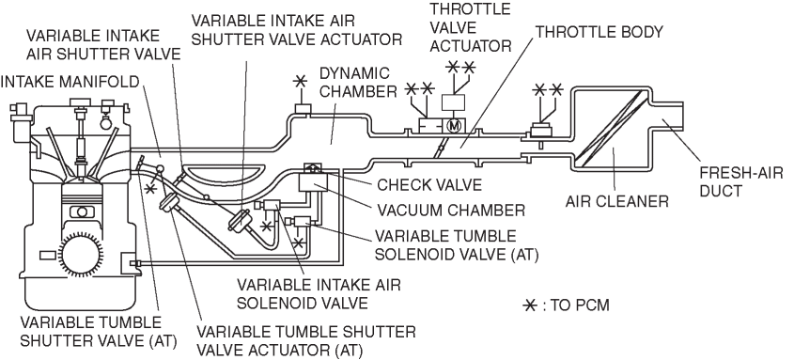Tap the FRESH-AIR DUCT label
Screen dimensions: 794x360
740,180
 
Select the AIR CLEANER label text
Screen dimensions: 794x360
616,201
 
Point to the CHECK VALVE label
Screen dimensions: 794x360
429,184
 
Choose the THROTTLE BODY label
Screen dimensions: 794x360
599,32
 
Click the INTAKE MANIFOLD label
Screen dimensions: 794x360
70,81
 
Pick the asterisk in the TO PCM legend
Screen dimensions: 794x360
530,305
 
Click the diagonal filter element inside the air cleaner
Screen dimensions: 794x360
611,128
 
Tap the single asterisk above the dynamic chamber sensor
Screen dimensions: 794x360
301,81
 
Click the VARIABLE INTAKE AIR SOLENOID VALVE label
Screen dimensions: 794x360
319,293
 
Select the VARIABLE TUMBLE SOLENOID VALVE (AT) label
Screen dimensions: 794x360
455,244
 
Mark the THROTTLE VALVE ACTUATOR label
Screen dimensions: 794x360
471,27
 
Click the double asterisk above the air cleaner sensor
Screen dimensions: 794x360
548,90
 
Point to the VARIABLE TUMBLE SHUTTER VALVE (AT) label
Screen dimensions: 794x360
99,332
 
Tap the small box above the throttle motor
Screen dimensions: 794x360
453,102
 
